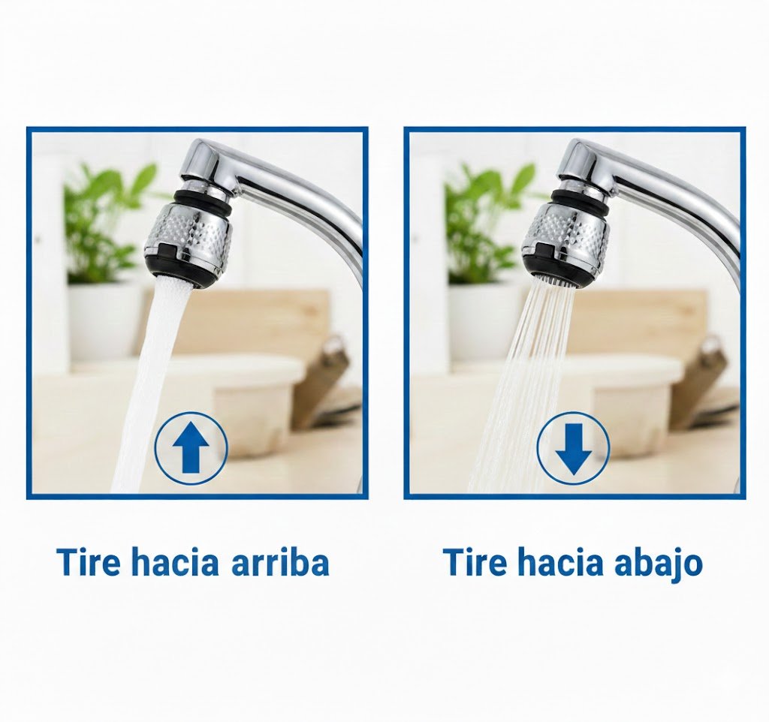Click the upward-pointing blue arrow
(191, 447)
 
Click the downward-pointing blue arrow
(573, 449)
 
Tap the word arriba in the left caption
(280, 564)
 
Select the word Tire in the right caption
(475, 563)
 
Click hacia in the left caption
(175, 563)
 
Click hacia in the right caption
(559, 563)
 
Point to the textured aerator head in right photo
(566, 235)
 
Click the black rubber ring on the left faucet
(204, 200)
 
